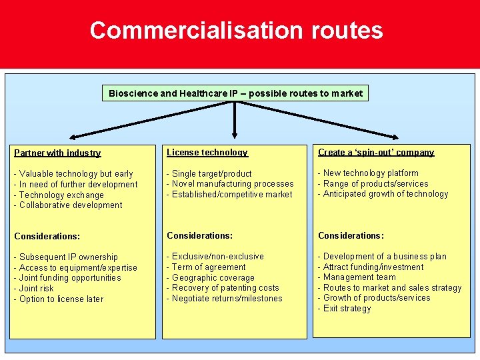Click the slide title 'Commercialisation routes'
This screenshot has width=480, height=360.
[236, 31]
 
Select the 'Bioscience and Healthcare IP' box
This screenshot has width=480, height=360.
[235, 93]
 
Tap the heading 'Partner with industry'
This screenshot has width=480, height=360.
[57, 153]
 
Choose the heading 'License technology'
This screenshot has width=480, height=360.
[207, 153]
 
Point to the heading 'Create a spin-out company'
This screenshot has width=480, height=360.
[376, 153]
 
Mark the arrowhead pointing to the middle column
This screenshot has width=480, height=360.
[235, 135]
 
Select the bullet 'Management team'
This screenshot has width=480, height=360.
[357, 277]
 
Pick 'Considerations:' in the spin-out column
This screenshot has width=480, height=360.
[351, 236]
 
